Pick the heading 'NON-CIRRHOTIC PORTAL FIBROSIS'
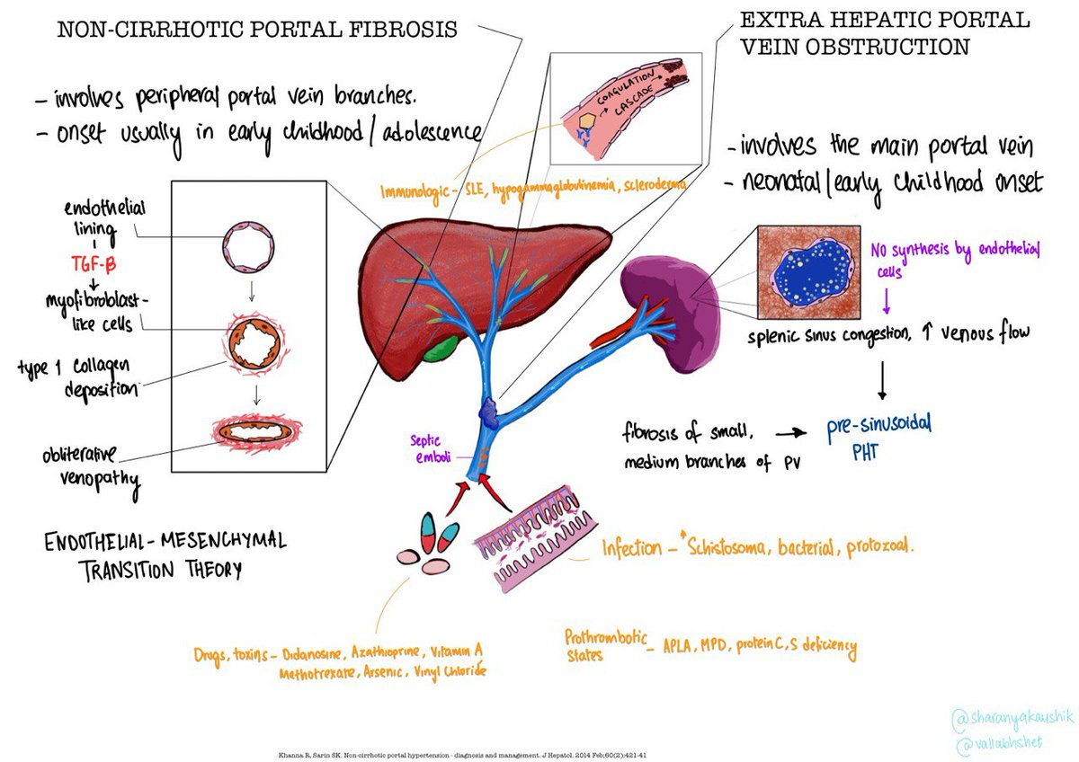click(x=257, y=30)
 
